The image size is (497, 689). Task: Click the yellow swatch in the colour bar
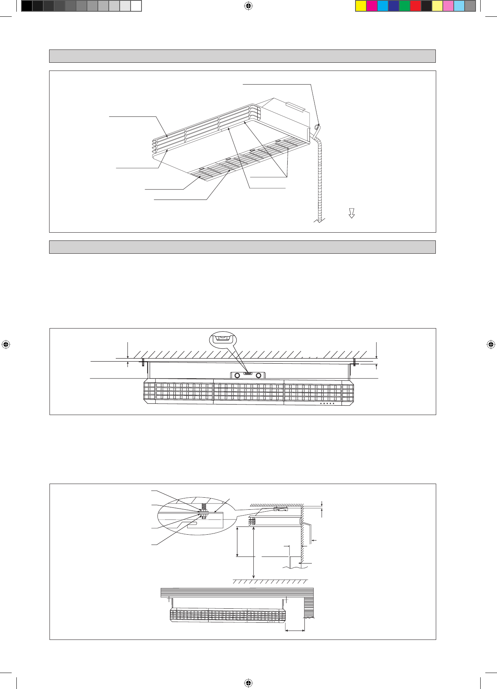361,6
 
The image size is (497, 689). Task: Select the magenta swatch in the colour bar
372,6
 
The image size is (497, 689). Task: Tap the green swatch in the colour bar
405,6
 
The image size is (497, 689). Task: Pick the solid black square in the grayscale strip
27,6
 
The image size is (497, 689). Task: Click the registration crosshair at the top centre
248,6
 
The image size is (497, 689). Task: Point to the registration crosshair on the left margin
5,344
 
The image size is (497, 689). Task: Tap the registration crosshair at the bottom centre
248,683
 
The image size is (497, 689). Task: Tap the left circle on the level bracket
237,376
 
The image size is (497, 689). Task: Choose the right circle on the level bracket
258,376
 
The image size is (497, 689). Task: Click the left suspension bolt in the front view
143,362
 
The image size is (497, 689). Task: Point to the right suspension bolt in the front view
355,362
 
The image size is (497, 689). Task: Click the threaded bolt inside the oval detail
203,508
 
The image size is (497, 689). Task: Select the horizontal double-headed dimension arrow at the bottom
295,630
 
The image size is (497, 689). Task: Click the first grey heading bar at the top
242,56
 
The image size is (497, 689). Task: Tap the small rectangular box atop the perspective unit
295,106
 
